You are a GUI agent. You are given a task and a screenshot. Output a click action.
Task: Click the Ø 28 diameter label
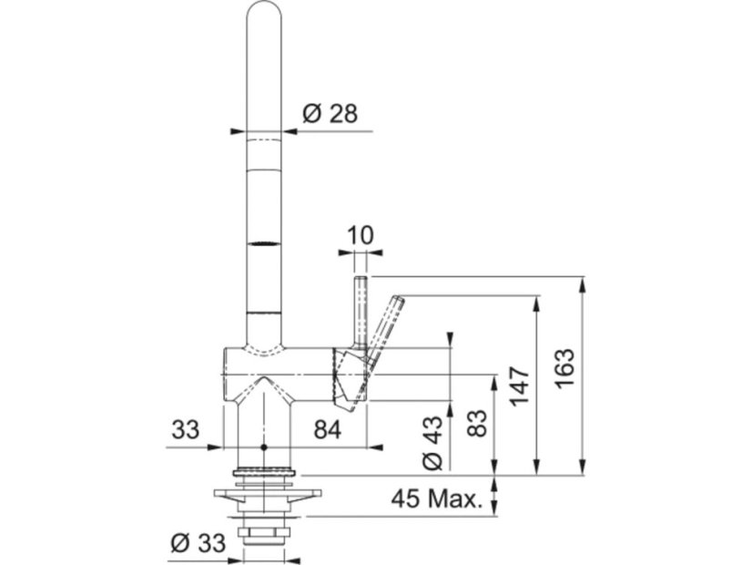tap(330, 114)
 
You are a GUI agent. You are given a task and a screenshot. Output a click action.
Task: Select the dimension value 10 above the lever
tap(360, 236)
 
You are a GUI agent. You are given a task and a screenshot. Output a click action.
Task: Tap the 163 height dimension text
tap(564, 368)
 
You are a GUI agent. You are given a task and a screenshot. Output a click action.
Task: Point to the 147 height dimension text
tap(520, 386)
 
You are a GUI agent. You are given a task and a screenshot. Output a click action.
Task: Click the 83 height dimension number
tap(476, 423)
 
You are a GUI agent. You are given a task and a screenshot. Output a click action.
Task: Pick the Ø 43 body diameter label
tap(432, 442)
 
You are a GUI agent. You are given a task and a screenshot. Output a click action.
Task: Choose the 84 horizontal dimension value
tap(328, 429)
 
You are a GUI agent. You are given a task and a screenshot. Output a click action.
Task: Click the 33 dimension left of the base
tap(186, 429)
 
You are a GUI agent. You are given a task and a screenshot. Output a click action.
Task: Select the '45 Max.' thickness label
tap(436, 499)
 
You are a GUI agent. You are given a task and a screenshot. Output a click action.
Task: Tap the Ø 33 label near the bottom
tap(198, 543)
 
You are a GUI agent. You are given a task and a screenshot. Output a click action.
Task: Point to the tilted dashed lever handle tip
tap(399, 300)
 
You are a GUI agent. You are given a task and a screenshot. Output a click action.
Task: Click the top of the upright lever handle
tap(361, 278)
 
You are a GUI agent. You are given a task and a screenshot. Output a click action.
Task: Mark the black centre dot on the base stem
tap(263, 447)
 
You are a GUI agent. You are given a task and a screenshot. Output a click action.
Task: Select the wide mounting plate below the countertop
tap(267, 494)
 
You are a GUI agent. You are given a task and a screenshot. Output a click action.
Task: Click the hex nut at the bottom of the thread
tap(266, 532)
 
